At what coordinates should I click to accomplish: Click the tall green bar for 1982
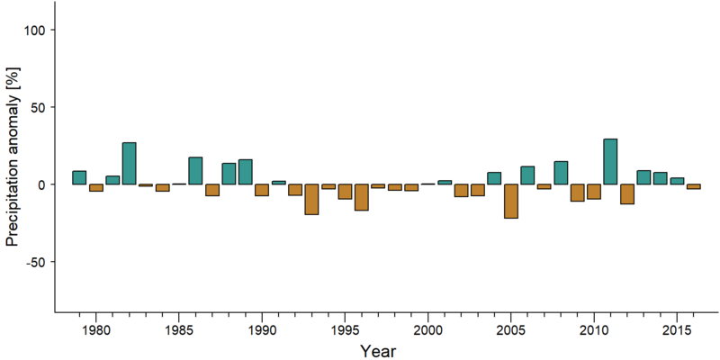(129, 164)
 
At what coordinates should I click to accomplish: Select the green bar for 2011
(610, 162)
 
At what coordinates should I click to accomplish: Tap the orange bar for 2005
(510, 201)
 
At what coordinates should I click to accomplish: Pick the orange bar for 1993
(311, 199)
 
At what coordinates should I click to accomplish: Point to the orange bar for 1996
(362, 197)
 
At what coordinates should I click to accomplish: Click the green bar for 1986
(195, 171)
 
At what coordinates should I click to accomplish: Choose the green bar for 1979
(79, 177)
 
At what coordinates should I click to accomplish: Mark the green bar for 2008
(561, 173)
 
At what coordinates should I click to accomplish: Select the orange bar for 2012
(626, 193)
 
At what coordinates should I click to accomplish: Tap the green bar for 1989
(245, 172)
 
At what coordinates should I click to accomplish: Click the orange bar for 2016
(693, 186)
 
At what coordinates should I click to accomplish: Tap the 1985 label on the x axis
(178, 329)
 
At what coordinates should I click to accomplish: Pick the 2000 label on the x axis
(428, 329)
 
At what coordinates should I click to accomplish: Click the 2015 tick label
(677, 329)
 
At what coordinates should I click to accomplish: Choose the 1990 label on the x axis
(262, 329)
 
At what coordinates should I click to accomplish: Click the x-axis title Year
(377, 351)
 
